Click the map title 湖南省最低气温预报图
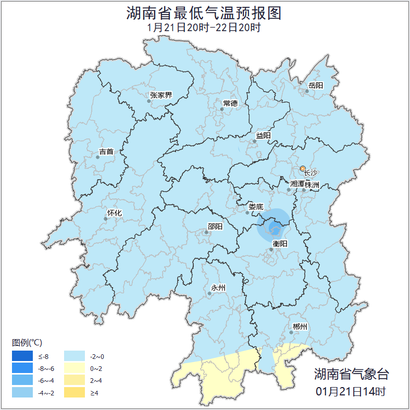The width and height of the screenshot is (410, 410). [204, 13]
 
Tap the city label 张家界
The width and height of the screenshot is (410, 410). [160, 95]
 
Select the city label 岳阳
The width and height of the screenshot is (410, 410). [316, 85]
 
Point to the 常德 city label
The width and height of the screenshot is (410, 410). [230, 103]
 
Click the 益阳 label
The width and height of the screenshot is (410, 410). [263, 135]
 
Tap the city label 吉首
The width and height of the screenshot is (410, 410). [106, 152]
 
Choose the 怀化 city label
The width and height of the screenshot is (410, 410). [114, 213]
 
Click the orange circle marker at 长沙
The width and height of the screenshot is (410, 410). [303, 168]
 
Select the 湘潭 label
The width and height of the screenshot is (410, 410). [297, 184]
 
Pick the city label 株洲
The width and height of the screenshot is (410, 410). [312, 184]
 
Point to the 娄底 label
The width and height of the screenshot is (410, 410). [256, 206]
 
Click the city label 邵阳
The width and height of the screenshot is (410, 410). [215, 226]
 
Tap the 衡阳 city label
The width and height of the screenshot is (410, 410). [280, 243]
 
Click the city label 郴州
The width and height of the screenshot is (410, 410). [300, 327]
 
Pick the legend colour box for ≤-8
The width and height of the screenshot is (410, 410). [23, 356]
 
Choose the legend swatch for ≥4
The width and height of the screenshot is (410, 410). [75, 392]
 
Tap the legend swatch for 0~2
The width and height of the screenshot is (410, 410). [75, 368]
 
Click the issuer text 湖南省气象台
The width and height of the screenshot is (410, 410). [351, 374]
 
